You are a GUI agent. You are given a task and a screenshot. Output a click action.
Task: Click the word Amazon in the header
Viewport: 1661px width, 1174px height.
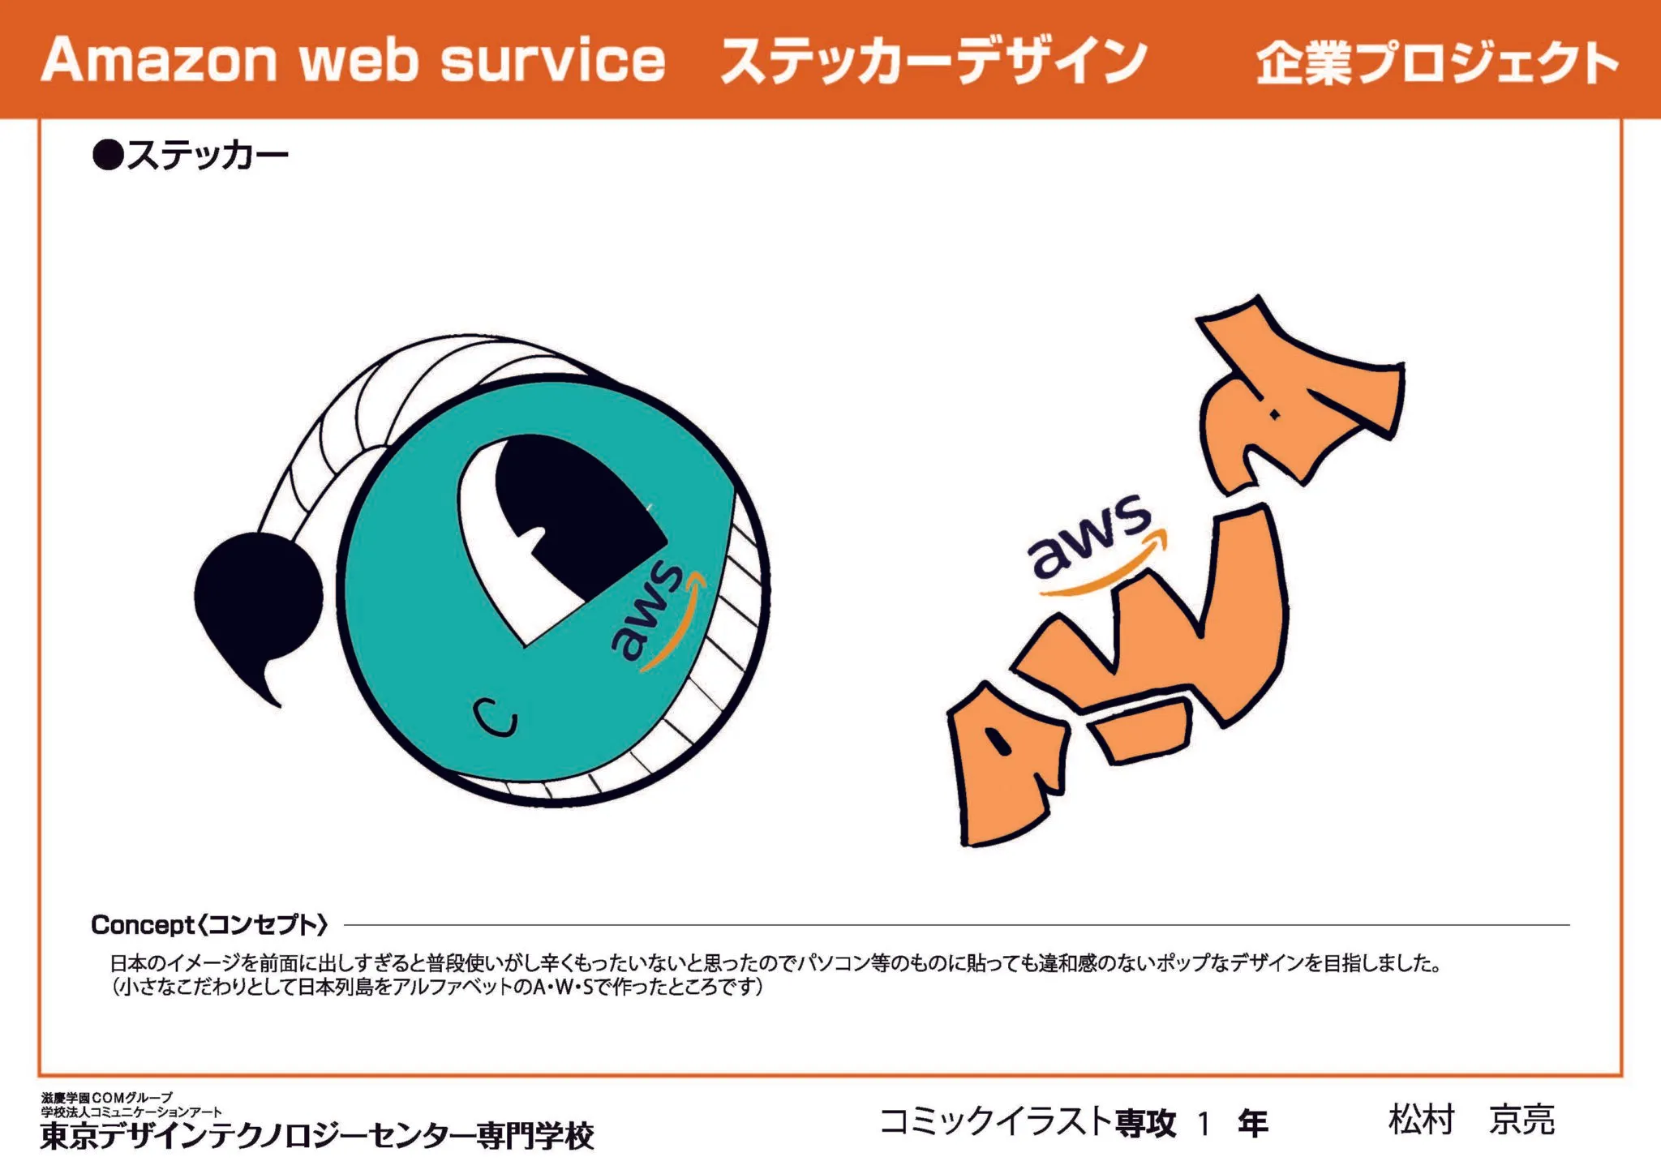[x=159, y=61]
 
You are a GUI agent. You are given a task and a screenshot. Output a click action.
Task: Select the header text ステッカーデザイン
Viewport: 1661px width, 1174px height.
[x=933, y=61]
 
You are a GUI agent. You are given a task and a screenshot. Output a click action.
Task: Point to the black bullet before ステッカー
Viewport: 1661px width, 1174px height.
[x=107, y=154]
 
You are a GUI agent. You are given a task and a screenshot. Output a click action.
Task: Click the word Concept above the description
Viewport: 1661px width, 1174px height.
[x=143, y=924]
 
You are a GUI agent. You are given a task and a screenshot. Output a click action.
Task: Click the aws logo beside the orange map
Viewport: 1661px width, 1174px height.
[x=1091, y=539]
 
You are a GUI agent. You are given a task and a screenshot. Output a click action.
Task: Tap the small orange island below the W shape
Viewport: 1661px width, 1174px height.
[x=1141, y=729]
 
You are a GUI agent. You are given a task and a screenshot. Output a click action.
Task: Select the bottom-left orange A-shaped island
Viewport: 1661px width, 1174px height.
[x=1006, y=770]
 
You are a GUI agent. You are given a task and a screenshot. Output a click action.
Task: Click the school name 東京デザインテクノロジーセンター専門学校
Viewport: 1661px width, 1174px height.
[x=317, y=1136]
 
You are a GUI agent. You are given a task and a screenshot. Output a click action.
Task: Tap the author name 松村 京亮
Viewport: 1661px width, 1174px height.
[x=1471, y=1120]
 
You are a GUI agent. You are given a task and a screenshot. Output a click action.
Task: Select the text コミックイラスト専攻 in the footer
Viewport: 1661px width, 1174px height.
[x=1028, y=1123]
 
